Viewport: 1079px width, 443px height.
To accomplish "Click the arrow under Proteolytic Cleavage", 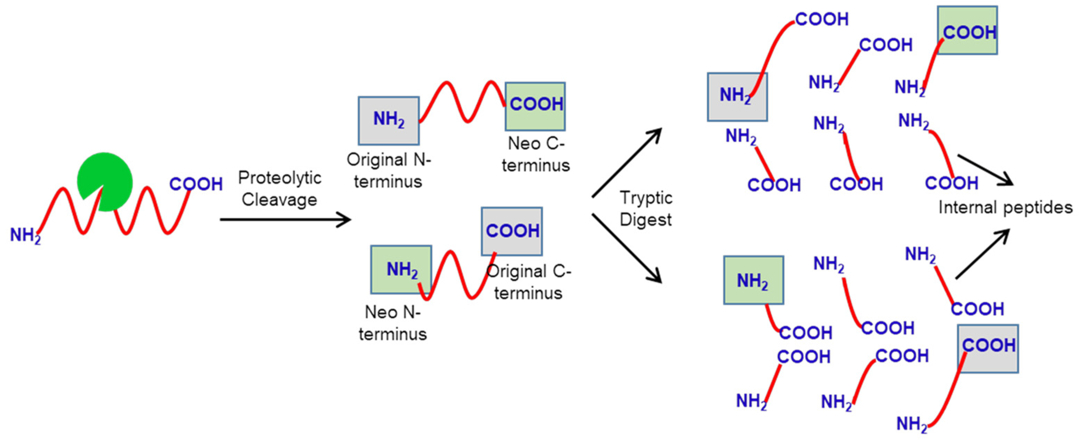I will [x=285, y=219].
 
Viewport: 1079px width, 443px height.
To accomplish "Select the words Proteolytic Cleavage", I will [x=279, y=189].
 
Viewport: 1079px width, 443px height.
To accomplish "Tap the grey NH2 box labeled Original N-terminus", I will [x=388, y=120].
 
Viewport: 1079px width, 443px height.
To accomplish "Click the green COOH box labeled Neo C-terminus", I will [x=535, y=106].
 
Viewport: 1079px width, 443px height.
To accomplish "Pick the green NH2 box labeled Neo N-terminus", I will [x=401, y=269].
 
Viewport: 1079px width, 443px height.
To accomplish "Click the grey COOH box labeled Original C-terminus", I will [x=512, y=231].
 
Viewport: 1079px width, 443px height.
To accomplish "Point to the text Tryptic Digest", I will [x=646, y=209].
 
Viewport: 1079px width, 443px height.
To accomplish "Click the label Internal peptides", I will [x=1005, y=208].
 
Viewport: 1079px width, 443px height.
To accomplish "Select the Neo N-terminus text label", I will [x=393, y=323].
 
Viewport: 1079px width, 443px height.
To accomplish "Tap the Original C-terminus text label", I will [x=529, y=282].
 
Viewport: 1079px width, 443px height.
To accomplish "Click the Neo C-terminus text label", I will [x=536, y=154].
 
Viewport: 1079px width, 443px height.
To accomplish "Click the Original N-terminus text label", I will [x=388, y=170].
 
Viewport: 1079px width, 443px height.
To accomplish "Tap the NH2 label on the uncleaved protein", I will [x=25, y=235].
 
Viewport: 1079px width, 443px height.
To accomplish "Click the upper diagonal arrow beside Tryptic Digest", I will [x=627, y=163].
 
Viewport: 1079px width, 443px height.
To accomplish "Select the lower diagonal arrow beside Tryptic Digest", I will [x=627, y=248].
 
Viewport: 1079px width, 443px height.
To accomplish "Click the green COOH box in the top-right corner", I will [x=967, y=30].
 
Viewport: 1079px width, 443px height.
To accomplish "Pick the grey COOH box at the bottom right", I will [x=988, y=348].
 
